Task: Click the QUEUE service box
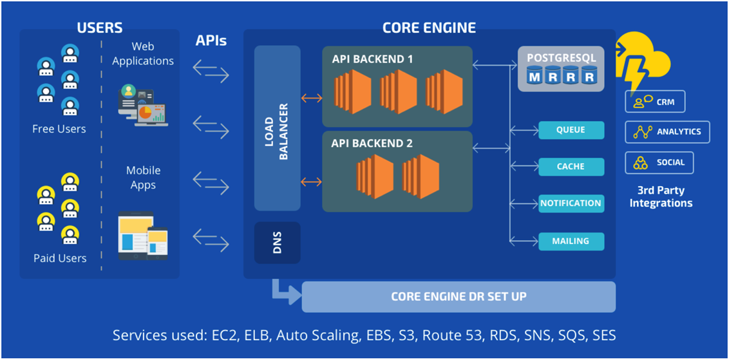point(571,130)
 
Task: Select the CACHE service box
point(571,167)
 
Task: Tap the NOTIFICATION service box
point(571,204)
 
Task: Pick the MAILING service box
point(571,242)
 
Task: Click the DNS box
point(278,243)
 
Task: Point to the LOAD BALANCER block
point(278,128)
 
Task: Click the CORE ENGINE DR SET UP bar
point(459,297)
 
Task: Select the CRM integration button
point(655,102)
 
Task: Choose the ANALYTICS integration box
point(668,132)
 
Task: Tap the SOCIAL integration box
point(659,162)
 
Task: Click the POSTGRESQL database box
point(562,69)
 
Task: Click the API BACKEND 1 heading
point(373,59)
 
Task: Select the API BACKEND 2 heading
point(372,144)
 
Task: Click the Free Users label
point(59,129)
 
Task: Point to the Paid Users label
point(60,258)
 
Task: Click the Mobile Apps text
point(143,178)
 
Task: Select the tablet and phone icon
point(143,236)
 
